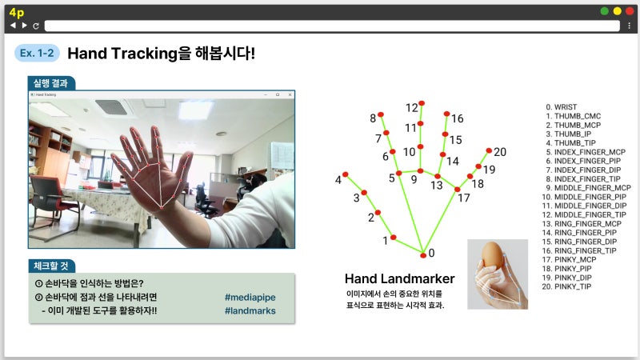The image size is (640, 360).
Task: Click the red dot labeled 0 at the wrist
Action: coord(422,255)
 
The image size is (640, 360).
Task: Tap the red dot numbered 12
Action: coord(422,103)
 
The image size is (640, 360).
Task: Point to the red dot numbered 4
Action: coord(346,174)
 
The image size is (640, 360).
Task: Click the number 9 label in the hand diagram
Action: coord(414,180)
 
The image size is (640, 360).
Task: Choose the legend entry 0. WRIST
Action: coord(560,106)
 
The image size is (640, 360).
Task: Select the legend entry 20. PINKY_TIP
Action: coord(568,286)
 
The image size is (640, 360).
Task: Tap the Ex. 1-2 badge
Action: coord(37,54)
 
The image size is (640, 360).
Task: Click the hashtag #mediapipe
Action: coord(250,298)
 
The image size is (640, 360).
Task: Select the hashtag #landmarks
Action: coord(250,311)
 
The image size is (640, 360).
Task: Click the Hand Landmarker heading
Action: coord(399,279)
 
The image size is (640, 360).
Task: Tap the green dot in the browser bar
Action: coord(605,10)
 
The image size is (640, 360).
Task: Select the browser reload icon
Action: coord(36,26)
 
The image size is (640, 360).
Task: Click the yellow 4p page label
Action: coord(16,10)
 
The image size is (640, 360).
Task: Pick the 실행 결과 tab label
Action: coord(50,83)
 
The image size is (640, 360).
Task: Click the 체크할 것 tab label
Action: coord(51,266)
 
